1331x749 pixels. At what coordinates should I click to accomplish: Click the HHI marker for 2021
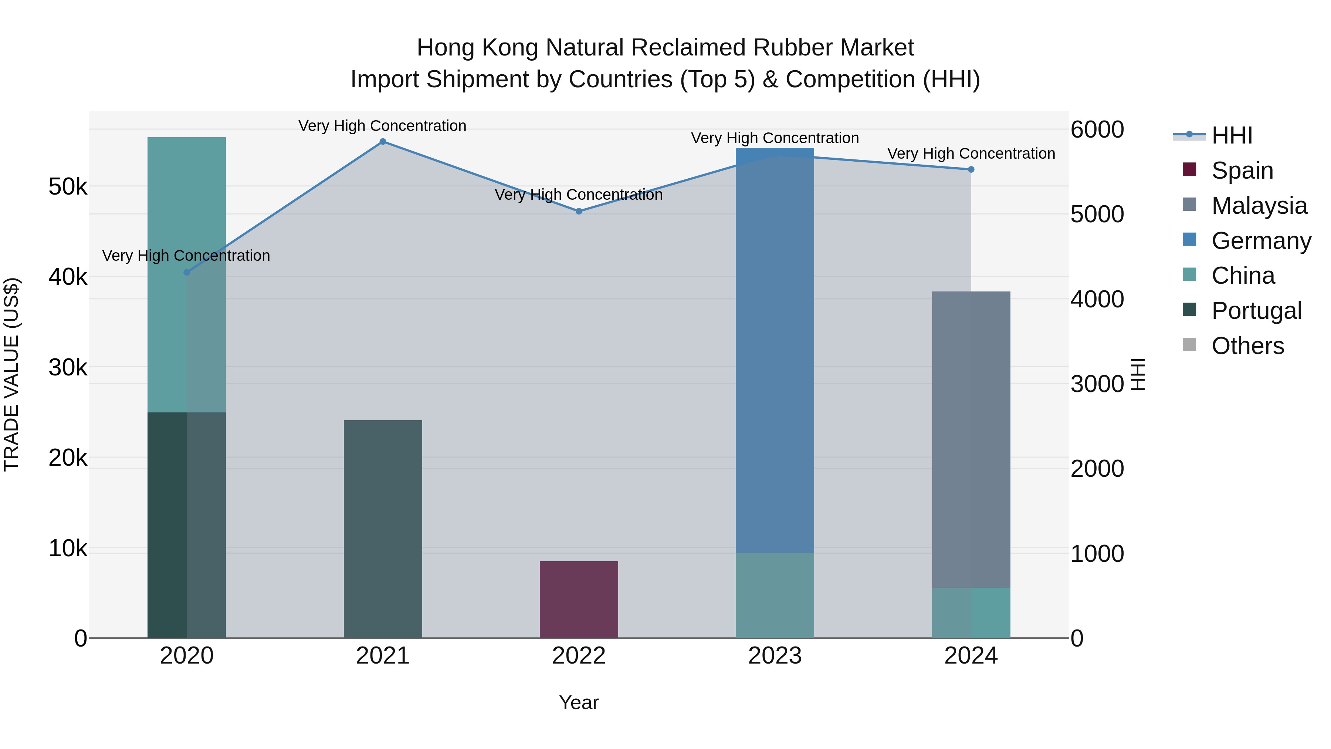[383, 142]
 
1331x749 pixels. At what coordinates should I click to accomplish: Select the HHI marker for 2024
[971, 169]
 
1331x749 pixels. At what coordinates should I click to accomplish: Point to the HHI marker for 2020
[187, 272]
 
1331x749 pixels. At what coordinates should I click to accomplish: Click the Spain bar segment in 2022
[579, 600]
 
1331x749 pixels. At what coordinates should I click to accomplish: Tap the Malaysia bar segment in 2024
[971, 439]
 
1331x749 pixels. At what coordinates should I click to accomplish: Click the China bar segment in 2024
[971, 613]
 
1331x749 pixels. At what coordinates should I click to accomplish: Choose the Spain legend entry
[1242, 171]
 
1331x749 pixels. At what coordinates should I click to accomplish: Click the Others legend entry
[1247, 346]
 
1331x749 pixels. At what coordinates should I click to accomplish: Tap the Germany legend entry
[1261, 241]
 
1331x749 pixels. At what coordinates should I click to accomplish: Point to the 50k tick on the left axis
[68, 187]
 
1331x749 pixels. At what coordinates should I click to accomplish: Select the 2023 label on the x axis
[775, 656]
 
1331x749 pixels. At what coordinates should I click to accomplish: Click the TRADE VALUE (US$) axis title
[12, 374]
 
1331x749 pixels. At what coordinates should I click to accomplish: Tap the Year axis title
[579, 702]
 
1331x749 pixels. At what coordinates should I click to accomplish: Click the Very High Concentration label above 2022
[579, 195]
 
